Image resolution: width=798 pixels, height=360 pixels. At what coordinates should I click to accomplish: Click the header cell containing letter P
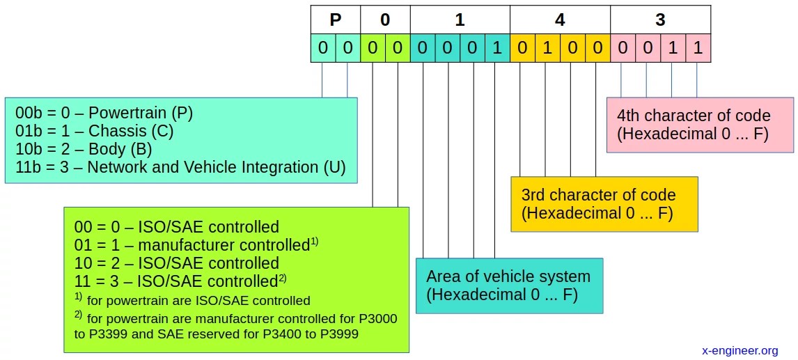click(336, 19)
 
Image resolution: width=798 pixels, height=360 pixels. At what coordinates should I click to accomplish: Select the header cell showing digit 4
click(560, 19)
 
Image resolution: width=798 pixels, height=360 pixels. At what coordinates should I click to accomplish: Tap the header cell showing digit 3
click(660, 19)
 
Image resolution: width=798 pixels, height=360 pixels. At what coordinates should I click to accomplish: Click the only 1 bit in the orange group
click(547, 49)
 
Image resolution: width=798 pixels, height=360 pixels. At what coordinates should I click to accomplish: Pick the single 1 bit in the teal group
click(497, 49)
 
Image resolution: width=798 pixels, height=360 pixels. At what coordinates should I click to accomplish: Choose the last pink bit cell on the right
click(698, 49)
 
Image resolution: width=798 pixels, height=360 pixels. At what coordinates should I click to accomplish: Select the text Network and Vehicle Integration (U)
click(217, 167)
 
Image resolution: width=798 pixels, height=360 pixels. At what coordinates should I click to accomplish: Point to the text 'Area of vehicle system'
click(508, 276)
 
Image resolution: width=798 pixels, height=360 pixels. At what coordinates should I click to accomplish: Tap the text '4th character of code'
click(694, 116)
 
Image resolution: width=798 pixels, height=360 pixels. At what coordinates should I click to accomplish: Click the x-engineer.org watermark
click(740, 350)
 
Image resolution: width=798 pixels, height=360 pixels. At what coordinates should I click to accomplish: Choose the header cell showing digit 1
click(460, 19)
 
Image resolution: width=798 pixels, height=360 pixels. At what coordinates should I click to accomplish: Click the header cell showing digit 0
click(385, 19)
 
